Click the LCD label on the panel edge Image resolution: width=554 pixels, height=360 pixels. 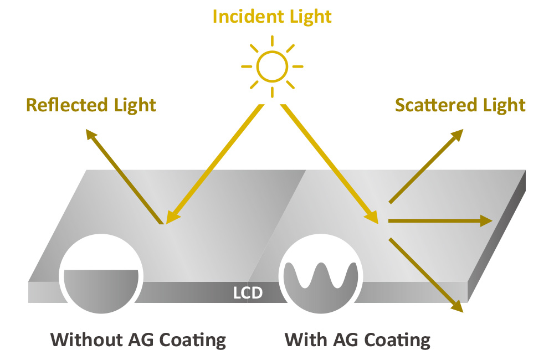coord(248,292)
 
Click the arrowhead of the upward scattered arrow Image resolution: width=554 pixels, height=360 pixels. coord(457,135)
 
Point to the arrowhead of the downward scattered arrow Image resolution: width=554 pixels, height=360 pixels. coord(457,306)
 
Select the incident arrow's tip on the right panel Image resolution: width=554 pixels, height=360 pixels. coord(373,218)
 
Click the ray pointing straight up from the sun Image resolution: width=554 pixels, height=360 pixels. coord(272,42)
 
